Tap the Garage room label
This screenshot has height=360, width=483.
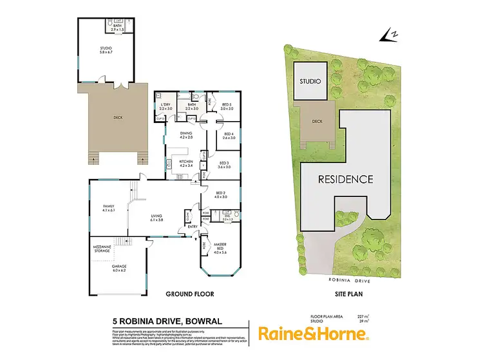click(118, 267)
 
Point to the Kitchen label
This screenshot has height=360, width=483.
click(186, 163)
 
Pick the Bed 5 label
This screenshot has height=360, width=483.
click(227, 106)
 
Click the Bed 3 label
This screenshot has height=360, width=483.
click(225, 164)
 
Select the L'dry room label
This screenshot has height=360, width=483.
click(166, 106)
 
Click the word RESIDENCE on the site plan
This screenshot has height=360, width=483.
click(345, 179)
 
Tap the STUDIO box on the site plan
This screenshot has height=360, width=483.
click(310, 81)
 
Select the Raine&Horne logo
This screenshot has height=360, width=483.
click(314, 334)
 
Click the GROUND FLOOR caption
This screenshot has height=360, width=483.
click(190, 294)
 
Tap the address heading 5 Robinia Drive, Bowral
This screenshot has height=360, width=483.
click(159, 319)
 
